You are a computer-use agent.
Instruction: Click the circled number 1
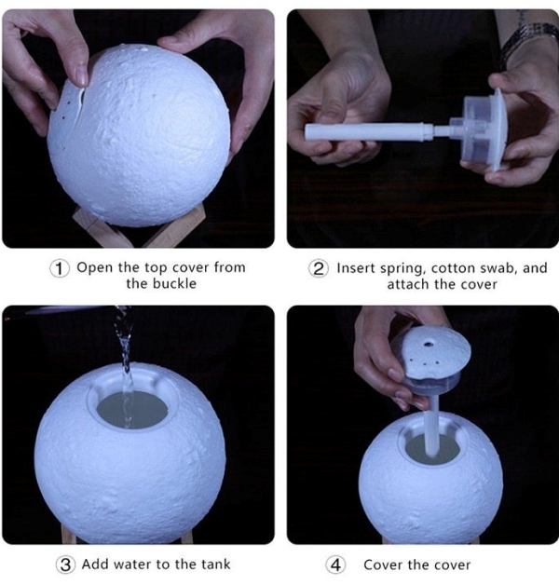tap(60, 268)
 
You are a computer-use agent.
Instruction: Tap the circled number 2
tap(319, 268)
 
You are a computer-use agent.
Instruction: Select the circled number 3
tap(65, 565)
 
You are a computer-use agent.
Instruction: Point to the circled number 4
tap(335, 565)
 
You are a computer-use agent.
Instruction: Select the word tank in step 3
tap(216, 565)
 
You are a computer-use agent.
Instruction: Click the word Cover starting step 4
tap(383, 565)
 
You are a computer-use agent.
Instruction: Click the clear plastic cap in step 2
tap(480, 129)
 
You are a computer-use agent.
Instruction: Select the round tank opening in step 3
tap(131, 410)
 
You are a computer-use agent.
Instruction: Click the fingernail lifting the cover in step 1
tap(81, 78)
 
